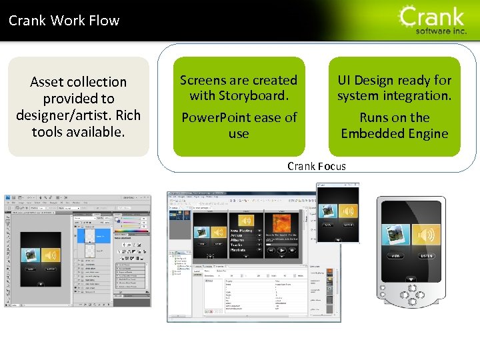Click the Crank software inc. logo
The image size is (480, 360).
(x=432, y=20)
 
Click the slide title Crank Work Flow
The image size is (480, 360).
(x=64, y=21)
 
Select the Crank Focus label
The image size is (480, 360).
(x=317, y=166)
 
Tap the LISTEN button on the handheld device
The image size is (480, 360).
(x=427, y=256)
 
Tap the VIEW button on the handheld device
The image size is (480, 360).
(x=395, y=256)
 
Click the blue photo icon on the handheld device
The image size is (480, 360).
(x=396, y=235)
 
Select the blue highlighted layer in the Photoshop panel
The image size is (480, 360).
(x=101, y=235)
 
